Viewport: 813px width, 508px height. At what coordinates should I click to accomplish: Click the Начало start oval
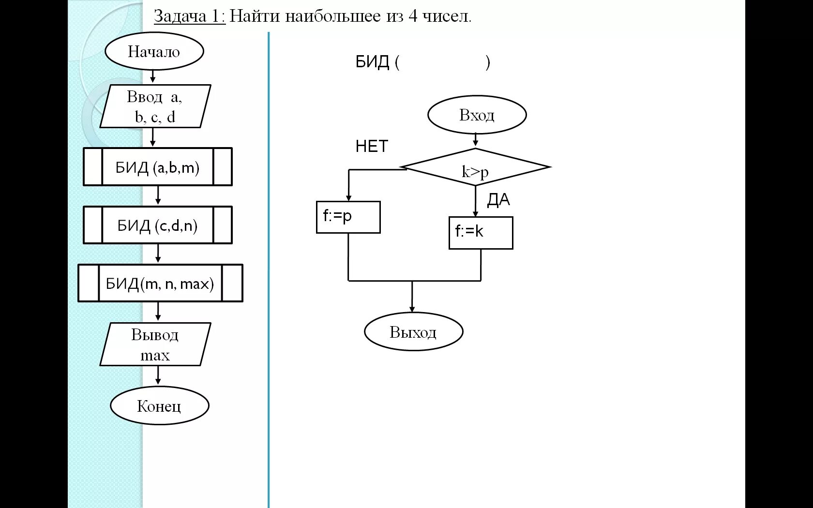[x=154, y=51]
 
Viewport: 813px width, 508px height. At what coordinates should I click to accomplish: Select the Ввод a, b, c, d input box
[x=155, y=106]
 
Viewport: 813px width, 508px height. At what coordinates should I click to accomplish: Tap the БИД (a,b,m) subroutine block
[x=157, y=167]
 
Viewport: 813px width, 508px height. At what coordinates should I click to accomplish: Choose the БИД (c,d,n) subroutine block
[x=157, y=225]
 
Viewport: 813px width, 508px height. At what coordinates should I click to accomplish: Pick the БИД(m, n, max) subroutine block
[x=160, y=283]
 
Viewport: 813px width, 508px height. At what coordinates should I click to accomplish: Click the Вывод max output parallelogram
[x=155, y=344]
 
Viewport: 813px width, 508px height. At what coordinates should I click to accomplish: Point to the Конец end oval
[x=159, y=405]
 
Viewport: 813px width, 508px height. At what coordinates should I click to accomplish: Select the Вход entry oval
[x=477, y=115]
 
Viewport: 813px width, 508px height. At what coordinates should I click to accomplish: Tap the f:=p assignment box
[x=348, y=217]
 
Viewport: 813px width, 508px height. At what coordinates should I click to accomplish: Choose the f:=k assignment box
[x=481, y=233]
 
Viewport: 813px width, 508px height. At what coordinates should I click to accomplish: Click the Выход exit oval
[x=413, y=332]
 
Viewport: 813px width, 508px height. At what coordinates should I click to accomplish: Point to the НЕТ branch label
[x=372, y=146]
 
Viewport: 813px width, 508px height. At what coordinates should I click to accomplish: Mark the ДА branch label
[x=498, y=199]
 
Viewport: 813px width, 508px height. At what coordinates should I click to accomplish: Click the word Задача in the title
[x=180, y=16]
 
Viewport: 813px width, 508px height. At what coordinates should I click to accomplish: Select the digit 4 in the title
[x=412, y=16]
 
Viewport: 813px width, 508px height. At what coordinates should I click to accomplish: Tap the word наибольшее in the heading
[x=332, y=16]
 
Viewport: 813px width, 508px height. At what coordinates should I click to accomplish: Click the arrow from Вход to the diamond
[x=476, y=140]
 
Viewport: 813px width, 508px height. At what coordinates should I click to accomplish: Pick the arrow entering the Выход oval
[x=412, y=298]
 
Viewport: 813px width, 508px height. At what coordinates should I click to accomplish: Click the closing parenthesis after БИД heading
[x=488, y=62]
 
